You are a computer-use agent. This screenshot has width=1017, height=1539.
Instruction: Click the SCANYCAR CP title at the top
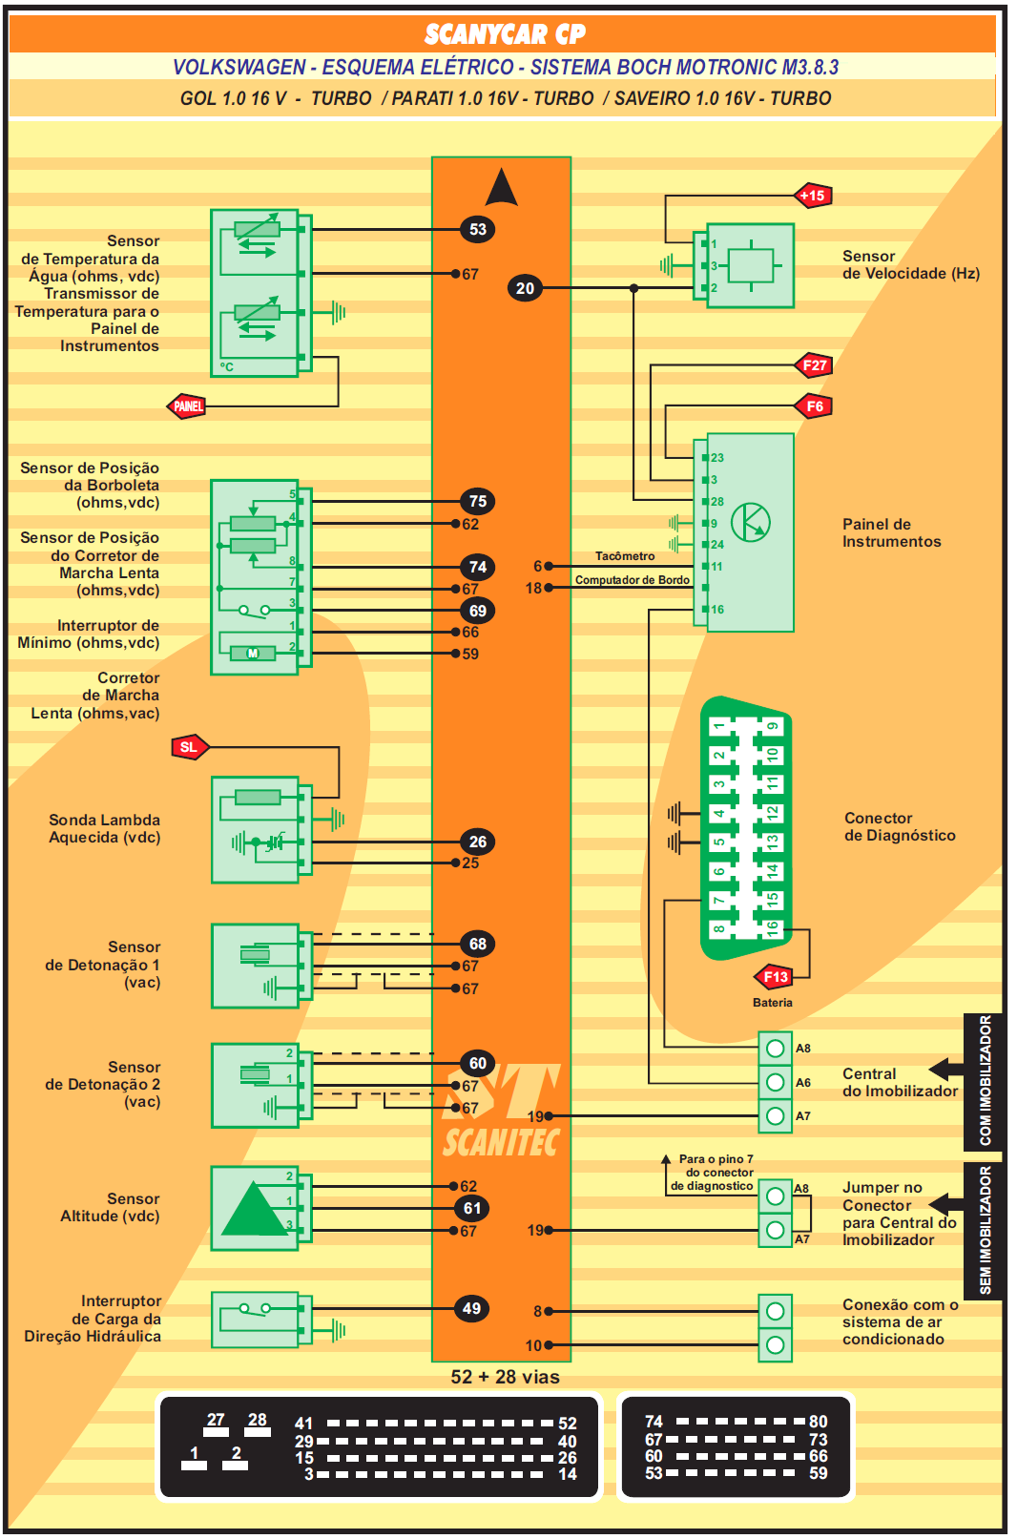[x=505, y=35]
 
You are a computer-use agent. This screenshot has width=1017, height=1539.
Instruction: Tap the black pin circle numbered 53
[x=478, y=229]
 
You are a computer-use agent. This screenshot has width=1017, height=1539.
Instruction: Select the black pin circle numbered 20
[x=525, y=288]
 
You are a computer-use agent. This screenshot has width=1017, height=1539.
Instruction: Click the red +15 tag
[x=813, y=196]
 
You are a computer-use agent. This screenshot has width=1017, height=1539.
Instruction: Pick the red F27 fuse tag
[x=815, y=365]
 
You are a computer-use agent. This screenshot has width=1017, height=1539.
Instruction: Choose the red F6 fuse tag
[x=815, y=406]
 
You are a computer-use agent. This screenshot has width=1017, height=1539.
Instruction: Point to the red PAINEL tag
[x=188, y=406]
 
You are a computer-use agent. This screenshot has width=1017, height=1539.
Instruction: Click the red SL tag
[x=189, y=747]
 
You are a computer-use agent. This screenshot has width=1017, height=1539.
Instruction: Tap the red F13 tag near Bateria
[x=776, y=977]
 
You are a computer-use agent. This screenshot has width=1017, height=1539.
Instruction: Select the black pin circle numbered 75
[x=478, y=501]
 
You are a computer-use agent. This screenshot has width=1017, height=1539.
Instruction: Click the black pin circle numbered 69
[x=478, y=611]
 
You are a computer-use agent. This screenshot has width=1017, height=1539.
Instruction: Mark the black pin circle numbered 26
[x=478, y=842]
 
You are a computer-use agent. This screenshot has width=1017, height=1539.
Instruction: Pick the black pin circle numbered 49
[x=472, y=1308]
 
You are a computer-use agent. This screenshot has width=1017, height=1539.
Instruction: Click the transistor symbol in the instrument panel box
[x=751, y=522]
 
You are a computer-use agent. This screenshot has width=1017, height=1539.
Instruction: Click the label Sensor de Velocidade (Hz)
[x=910, y=264]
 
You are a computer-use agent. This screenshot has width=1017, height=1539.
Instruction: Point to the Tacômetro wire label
[x=625, y=556]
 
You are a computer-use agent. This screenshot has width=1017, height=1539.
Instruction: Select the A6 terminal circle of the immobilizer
[x=776, y=1082]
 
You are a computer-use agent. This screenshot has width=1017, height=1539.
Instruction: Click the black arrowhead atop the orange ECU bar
[x=501, y=188]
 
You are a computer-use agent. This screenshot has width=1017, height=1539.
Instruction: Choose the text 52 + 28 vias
[x=505, y=1377]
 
